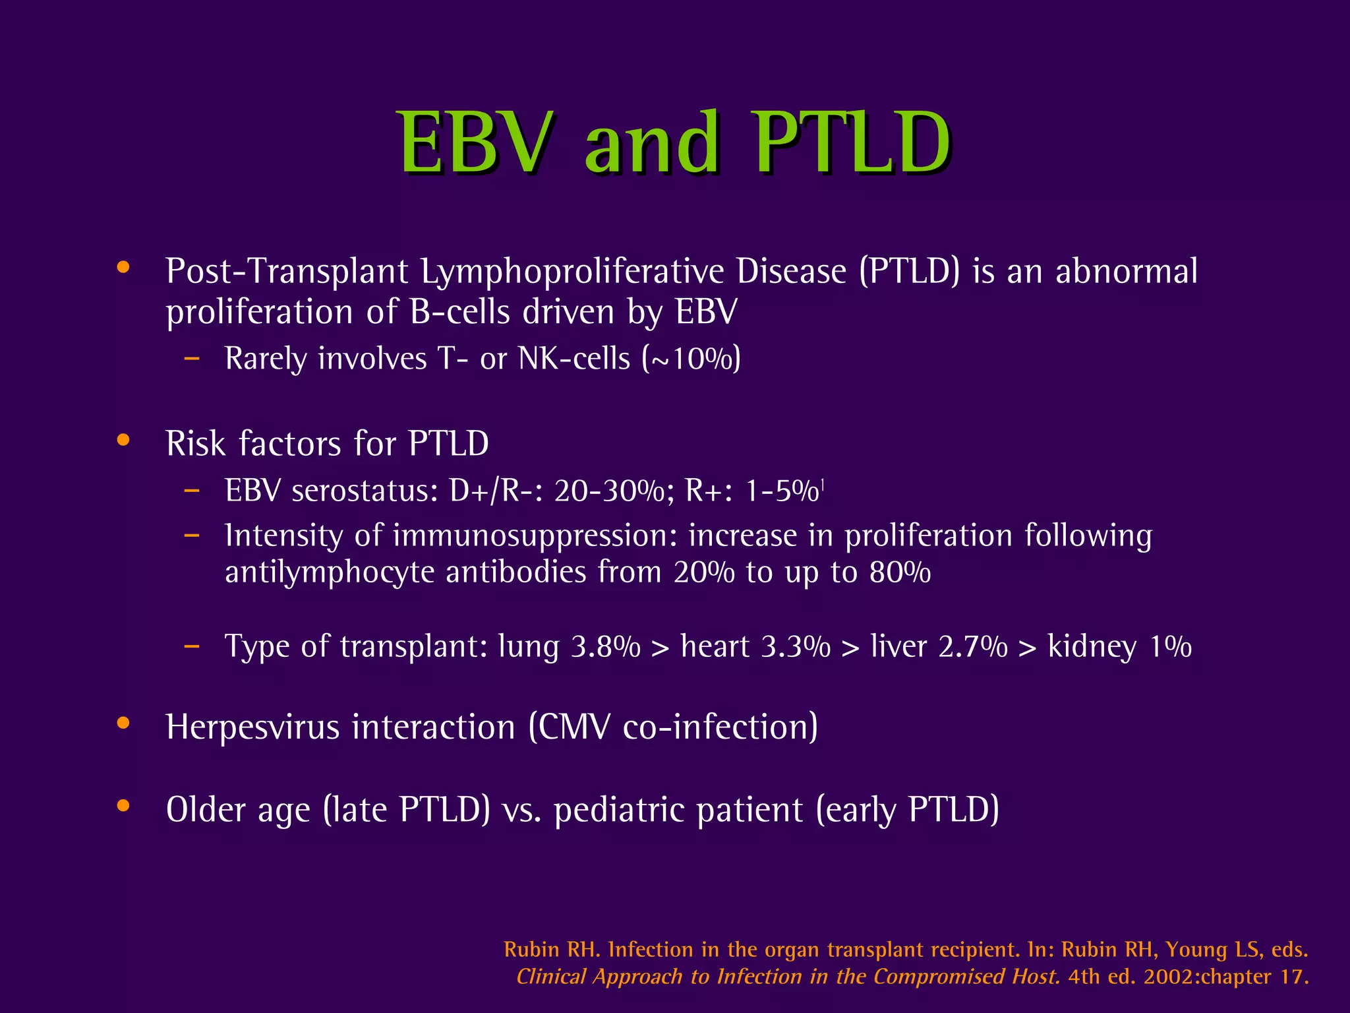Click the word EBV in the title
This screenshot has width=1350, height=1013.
coord(475,143)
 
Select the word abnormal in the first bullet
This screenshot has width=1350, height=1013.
coord(1126,272)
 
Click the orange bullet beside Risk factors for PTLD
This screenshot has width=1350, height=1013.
coord(123,441)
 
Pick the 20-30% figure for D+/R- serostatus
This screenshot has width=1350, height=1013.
coord(608,491)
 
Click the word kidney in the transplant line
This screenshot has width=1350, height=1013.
coord(1092,648)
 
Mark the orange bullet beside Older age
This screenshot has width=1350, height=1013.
coord(123,806)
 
